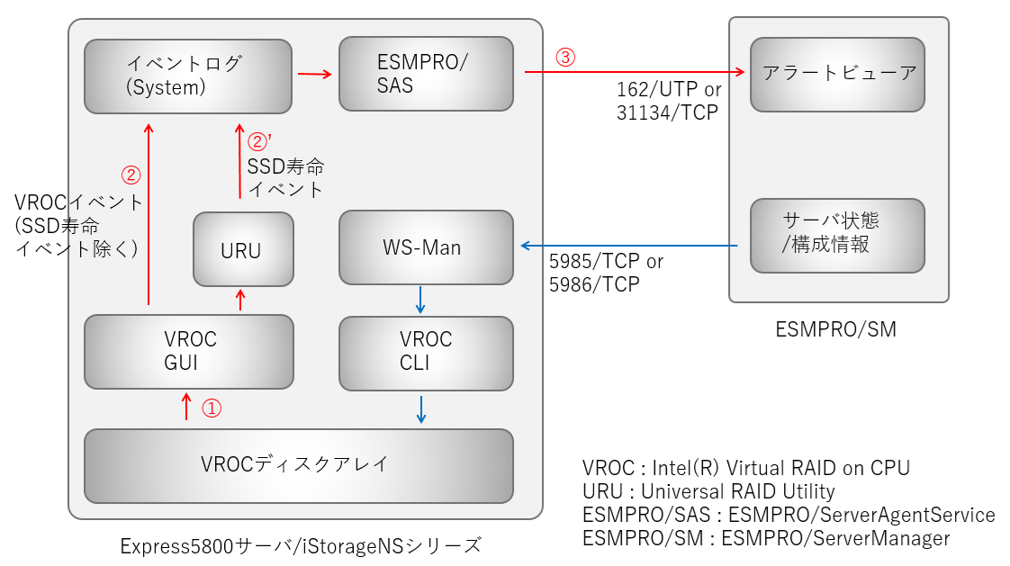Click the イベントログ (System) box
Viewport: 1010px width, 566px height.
[188, 76]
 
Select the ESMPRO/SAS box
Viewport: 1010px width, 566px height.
[426, 73]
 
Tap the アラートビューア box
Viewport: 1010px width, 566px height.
[837, 74]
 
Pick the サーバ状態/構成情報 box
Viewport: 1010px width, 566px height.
[837, 235]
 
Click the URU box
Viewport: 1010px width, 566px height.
[243, 249]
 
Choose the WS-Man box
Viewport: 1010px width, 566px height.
[426, 247]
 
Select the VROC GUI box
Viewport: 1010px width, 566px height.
[189, 351]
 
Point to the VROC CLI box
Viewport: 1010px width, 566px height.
[426, 351]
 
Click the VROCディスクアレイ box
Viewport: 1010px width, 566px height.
[298, 465]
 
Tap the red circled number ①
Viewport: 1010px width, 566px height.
[210, 408]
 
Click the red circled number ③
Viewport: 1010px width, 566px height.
[564, 58]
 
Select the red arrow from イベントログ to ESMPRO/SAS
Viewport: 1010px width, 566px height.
[314, 75]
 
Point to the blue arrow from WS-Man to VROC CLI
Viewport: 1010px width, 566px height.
[420, 299]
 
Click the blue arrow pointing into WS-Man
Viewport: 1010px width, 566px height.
[630, 246]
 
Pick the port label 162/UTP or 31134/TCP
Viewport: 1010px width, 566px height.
[667, 101]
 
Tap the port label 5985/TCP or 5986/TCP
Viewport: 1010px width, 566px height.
[606, 274]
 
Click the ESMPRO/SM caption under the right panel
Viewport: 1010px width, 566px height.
[835, 330]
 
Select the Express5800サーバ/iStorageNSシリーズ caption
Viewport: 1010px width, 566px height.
[301, 545]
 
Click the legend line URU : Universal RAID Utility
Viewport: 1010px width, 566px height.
[708, 491]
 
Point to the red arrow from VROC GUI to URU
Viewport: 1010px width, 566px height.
[240, 301]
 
